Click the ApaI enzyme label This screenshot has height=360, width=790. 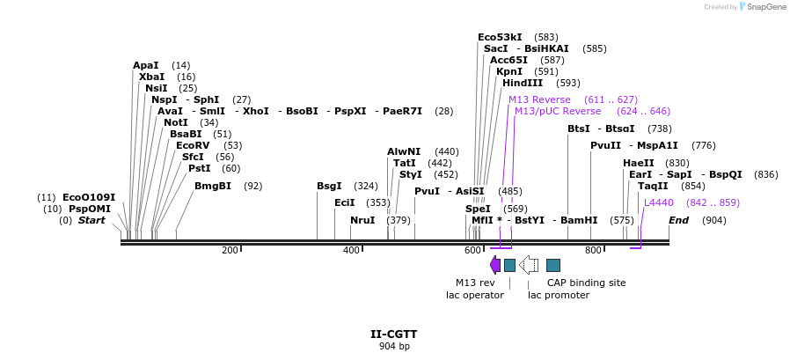click(x=146, y=65)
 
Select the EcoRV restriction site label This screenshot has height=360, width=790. click(x=193, y=145)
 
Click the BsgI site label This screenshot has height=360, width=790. click(x=329, y=186)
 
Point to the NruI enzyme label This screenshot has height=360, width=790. click(x=362, y=220)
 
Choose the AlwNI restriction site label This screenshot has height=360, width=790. click(x=404, y=151)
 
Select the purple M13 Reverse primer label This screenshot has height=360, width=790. click(x=539, y=99)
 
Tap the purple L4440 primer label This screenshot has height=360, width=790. click(x=659, y=202)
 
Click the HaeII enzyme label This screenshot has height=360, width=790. click(x=638, y=163)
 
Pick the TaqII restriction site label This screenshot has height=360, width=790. click(x=653, y=186)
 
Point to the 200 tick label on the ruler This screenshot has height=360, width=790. click(x=230, y=251)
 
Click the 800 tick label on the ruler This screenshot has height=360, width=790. click(x=592, y=251)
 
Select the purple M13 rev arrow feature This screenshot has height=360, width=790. click(x=495, y=264)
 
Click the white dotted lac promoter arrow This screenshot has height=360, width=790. click(x=529, y=264)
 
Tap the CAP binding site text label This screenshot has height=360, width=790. click(x=586, y=283)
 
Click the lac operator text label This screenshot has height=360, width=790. click(x=474, y=295)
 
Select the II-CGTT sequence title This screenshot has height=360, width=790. click(x=393, y=334)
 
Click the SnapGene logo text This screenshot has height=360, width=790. click(x=766, y=7)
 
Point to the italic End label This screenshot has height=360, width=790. click(x=678, y=220)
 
